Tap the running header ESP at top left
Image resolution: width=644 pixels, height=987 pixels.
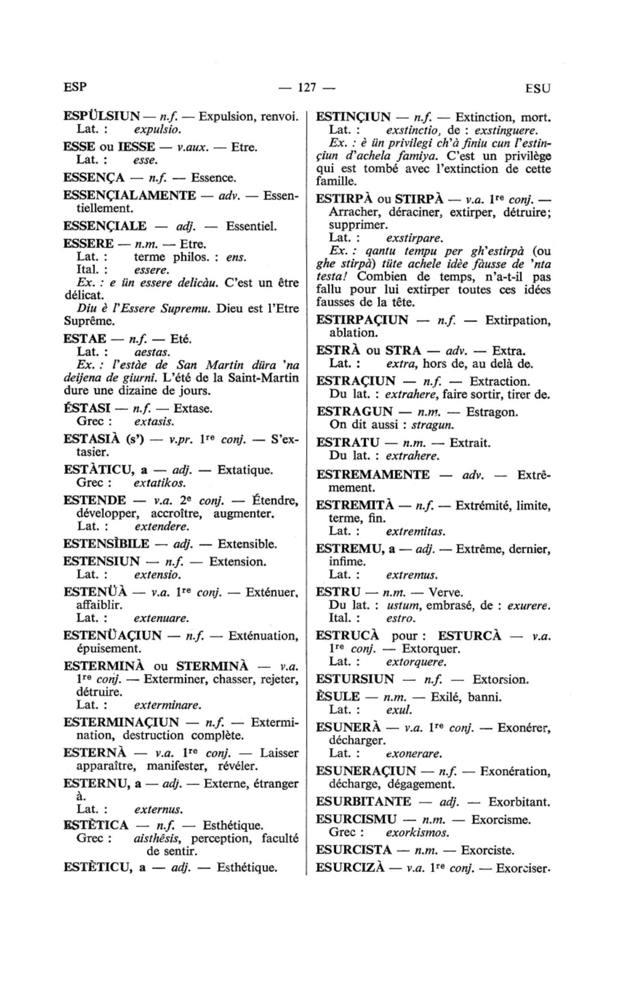point(75,86)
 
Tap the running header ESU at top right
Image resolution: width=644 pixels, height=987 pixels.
point(537,89)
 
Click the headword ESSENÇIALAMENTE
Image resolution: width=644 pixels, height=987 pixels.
point(130,195)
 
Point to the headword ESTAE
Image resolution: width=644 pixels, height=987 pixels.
point(84,339)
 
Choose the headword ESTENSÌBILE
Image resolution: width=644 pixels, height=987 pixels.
point(107,544)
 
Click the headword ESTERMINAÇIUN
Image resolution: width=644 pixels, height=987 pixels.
point(121,722)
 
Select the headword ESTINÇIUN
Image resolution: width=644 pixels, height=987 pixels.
point(353,117)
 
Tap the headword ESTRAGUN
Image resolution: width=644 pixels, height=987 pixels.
point(354,412)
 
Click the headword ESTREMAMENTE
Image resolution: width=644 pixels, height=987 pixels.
point(373,475)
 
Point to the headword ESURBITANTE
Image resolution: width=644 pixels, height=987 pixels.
point(363,802)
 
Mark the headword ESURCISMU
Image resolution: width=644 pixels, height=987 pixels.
point(356,820)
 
